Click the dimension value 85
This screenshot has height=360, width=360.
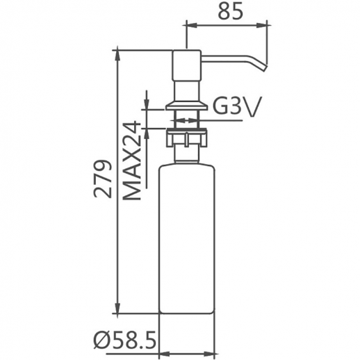[226, 13]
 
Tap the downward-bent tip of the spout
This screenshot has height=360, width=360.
[263, 65]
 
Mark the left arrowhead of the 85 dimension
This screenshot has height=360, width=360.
[188, 26]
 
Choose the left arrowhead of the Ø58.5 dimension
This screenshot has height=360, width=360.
[164, 341]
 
